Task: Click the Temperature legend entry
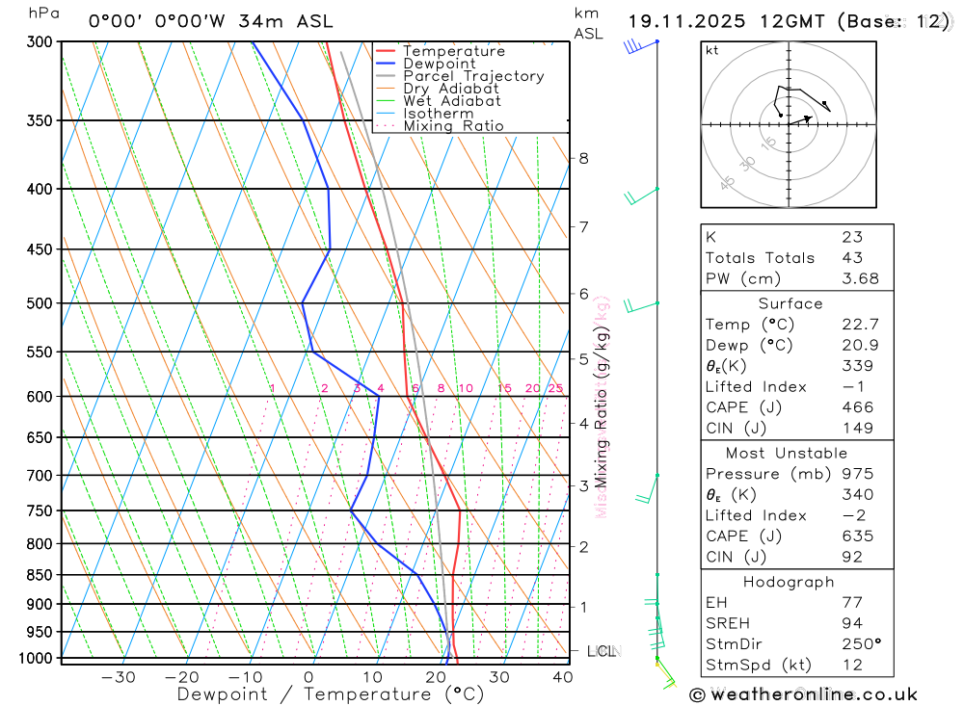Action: (453, 51)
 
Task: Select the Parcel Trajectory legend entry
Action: (472, 76)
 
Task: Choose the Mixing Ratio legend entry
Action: (453, 125)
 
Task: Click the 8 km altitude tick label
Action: (584, 158)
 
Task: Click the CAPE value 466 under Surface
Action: (858, 407)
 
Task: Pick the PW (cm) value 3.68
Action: (860, 279)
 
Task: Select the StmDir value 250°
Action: (861, 644)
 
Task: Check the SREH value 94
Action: (852, 623)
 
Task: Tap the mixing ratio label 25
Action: (555, 388)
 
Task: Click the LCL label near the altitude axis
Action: (601, 651)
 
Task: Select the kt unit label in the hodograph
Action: (712, 50)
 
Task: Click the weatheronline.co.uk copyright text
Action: (803, 693)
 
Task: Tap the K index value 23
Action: (852, 237)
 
